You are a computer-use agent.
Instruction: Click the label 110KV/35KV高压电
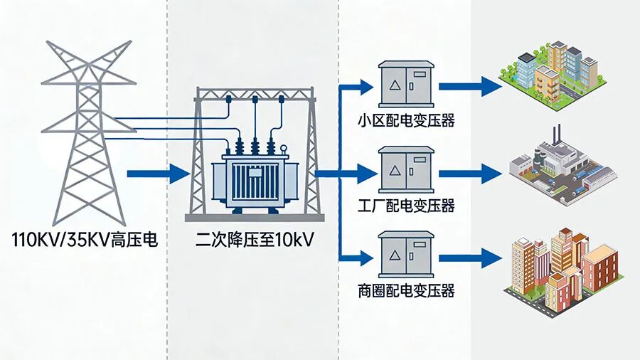click(x=85, y=240)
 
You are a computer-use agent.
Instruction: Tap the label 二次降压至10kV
click(x=255, y=240)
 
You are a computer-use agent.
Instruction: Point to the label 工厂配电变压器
click(x=406, y=206)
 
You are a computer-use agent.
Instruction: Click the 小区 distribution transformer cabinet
click(x=406, y=84)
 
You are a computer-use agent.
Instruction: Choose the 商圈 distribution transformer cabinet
click(x=406, y=255)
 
